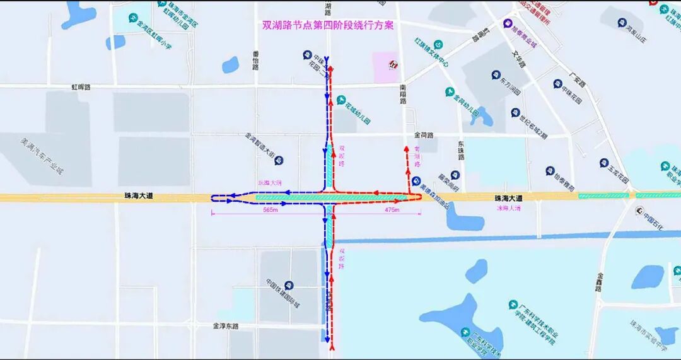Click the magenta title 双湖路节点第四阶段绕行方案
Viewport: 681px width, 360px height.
(328, 26)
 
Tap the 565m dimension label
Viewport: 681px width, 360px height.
(269, 210)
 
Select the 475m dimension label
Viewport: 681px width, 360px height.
(392, 210)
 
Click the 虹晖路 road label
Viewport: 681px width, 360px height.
(81, 87)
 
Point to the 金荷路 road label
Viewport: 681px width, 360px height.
(424, 136)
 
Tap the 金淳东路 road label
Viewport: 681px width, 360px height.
(225, 326)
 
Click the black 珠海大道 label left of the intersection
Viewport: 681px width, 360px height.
(139, 197)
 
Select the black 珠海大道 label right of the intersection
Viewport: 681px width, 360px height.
(508, 197)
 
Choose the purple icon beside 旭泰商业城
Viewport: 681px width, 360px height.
(508, 24)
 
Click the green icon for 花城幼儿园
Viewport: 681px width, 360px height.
(341, 100)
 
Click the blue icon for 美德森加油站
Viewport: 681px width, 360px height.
(416, 180)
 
